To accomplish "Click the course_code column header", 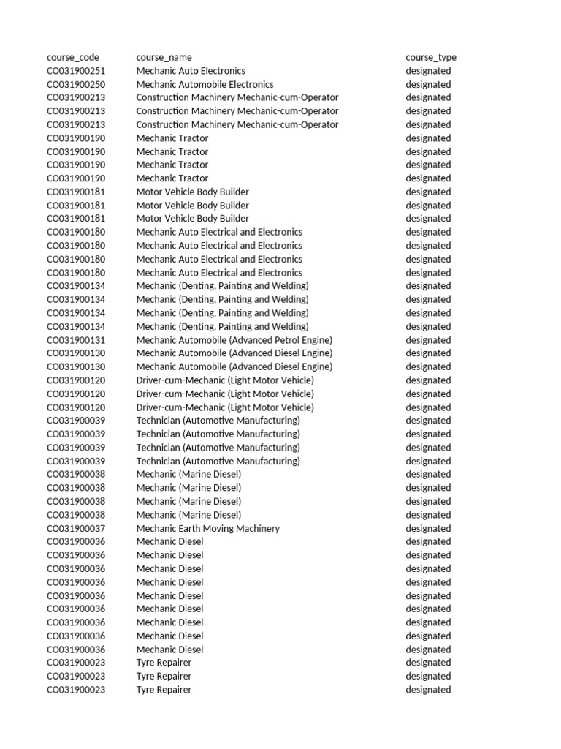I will [73, 57].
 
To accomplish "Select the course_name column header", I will [164, 57].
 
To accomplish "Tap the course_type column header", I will [431, 57].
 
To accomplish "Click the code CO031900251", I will [76, 71].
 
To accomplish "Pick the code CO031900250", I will [76, 84].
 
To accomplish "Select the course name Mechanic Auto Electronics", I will [191, 71].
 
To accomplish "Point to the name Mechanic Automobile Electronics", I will [205, 84].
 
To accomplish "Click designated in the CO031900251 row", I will [428, 71].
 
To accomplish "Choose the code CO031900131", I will [76, 340].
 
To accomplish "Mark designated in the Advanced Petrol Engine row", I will [428, 340].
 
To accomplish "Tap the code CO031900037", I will [76, 528].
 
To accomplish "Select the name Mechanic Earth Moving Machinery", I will [207, 528].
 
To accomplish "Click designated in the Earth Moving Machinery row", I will [428, 528].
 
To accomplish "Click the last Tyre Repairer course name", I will [164, 690].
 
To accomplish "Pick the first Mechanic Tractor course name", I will [172, 138].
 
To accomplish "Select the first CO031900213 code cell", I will [76, 97].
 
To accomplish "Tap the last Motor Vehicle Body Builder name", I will [192, 219].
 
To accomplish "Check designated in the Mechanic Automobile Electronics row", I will [428, 84].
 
